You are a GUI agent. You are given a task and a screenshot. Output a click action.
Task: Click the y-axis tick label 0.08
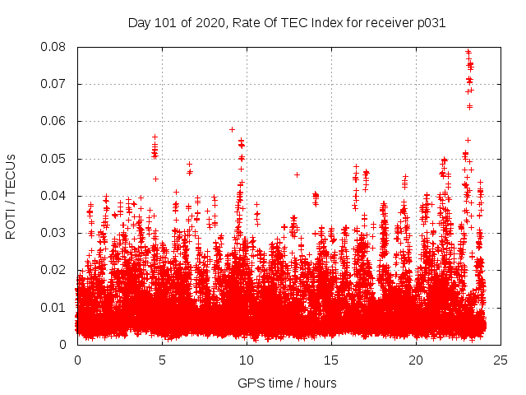pos(56,47)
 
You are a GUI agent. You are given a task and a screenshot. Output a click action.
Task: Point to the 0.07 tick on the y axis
pos(56,84)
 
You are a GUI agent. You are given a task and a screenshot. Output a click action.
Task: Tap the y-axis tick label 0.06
pos(56,121)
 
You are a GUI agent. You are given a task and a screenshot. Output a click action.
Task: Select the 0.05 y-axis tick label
pos(56,158)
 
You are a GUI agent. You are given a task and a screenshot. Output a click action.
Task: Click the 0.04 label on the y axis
pos(56,196)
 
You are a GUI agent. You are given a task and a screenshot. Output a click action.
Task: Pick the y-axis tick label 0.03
pos(56,233)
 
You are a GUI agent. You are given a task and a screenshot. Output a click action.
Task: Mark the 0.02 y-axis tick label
pos(56,270)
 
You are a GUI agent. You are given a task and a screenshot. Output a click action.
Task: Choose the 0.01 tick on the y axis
pos(56,307)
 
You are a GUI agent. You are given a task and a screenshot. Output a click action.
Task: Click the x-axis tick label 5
pos(162,360)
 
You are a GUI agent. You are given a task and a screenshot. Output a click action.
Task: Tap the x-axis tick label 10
pos(247,360)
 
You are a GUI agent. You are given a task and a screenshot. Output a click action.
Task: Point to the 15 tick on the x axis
pos(331,360)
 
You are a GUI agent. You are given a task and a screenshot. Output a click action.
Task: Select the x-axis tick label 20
pos(416,360)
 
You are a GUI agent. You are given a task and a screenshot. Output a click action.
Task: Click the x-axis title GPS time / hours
pos(288,383)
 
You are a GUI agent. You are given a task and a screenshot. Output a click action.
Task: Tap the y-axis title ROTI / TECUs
pos(11,196)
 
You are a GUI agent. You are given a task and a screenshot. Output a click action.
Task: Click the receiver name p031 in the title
pos(430,23)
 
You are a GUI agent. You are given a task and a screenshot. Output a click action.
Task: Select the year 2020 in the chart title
pos(212,23)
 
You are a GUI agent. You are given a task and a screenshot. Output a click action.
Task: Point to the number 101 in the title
pos(168,23)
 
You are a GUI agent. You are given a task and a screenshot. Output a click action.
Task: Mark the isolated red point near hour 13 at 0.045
pos(297,174)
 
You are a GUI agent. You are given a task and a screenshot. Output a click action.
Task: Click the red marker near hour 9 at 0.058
pos(232,129)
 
